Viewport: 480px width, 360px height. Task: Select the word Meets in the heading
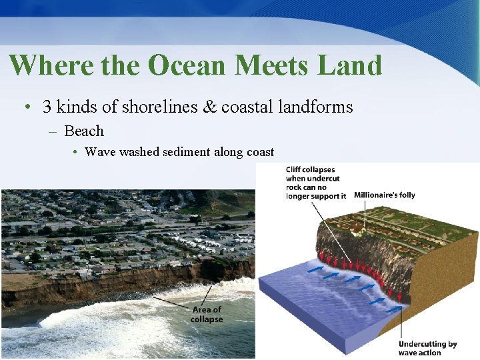click(x=271, y=65)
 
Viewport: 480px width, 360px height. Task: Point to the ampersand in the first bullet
click(x=210, y=107)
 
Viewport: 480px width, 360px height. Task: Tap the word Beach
click(x=84, y=131)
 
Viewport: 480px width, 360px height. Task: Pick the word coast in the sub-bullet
click(x=260, y=152)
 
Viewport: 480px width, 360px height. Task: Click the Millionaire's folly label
click(x=384, y=195)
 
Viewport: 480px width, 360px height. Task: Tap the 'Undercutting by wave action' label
click(x=427, y=348)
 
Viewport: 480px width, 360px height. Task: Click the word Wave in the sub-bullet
click(x=99, y=152)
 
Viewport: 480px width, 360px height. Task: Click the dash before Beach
click(x=53, y=131)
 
